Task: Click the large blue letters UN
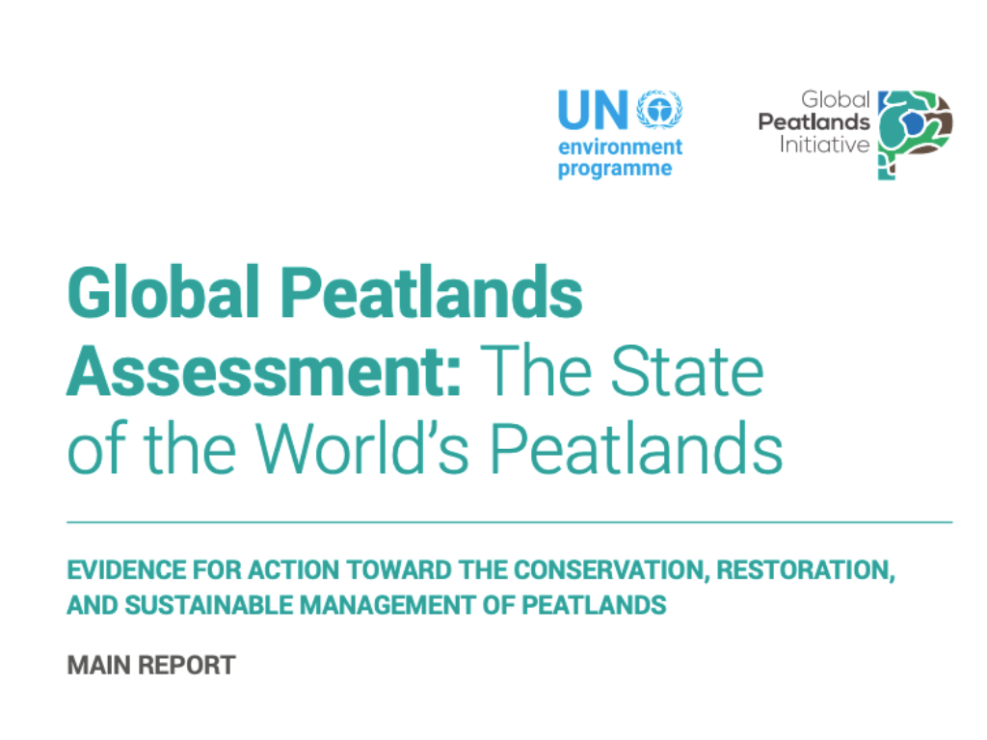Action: [x=593, y=110]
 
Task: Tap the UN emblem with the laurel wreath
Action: [x=659, y=110]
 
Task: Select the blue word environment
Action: [x=620, y=146]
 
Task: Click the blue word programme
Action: [x=615, y=170]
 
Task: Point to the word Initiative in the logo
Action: [x=825, y=145]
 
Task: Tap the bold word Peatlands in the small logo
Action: [x=814, y=122]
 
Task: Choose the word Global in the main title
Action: [x=164, y=292]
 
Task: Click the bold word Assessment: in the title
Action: [x=264, y=371]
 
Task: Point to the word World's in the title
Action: [x=362, y=448]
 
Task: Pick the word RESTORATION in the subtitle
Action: [x=806, y=570]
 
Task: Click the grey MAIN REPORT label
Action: [x=151, y=665]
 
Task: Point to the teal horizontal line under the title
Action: [x=510, y=522]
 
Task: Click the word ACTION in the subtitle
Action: [x=294, y=570]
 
